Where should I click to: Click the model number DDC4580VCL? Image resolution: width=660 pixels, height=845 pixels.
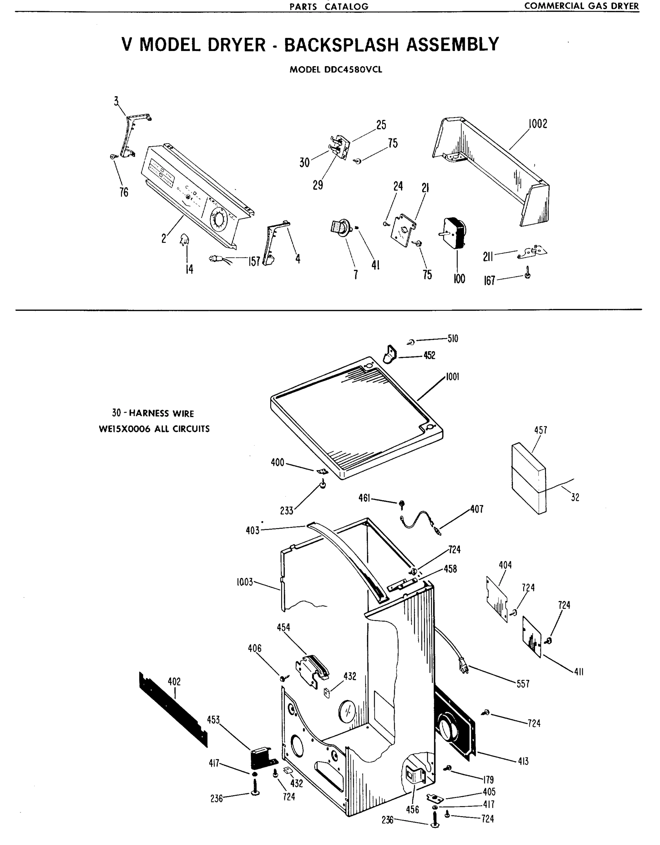351,70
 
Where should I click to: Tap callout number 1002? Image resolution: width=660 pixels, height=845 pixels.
538,124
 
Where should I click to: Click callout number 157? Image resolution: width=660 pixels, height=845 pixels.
254,262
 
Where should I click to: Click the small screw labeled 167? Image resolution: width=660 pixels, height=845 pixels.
527,275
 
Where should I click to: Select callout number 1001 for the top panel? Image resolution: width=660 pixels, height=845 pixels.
452,377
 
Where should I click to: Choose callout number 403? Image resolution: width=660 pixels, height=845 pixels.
253,531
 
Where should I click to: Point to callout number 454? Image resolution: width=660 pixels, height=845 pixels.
284,627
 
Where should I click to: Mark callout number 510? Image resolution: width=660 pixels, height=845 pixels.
453,339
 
